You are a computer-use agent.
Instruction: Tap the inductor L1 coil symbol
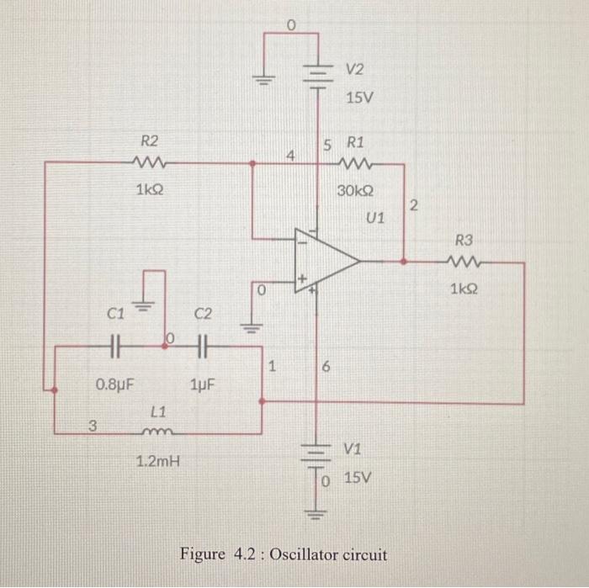tap(157, 434)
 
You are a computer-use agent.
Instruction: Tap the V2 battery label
tap(357, 68)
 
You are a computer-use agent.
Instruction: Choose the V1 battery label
tap(354, 448)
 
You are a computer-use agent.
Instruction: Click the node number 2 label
tap(413, 206)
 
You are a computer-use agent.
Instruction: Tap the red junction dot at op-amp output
tap(404, 262)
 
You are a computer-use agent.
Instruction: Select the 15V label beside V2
tap(358, 98)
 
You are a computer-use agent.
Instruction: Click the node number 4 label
tap(290, 156)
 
